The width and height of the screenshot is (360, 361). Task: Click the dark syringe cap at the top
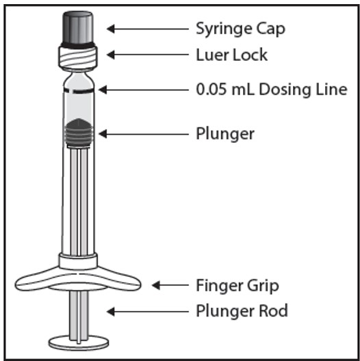click(x=78, y=29)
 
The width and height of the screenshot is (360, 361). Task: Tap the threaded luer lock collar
click(x=78, y=57)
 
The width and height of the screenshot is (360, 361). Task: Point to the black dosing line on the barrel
click(x=79, y=90)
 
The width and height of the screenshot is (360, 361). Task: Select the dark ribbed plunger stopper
click(x=78, y=133)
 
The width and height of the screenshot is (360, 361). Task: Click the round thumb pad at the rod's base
click(x=79, y=343)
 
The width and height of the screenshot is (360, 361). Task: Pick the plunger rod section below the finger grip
click(x=79, y=315)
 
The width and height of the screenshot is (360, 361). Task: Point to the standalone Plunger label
click(x=225, y=134)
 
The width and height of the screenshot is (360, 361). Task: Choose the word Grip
click(x=263, y=286)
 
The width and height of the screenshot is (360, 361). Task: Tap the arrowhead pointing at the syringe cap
click(x=111, y=29)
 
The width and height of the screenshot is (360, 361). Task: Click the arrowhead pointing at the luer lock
click(x=111, y=55)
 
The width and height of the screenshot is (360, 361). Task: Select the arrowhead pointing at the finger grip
click(x=156, y=285)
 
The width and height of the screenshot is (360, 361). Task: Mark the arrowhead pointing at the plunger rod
click(x=111, y=312)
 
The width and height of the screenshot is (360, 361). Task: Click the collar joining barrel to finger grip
click(x=78, y=261)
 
